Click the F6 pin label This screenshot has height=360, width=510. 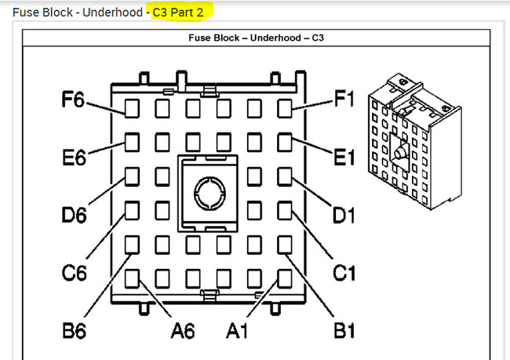73,100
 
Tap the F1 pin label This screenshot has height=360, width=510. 344,99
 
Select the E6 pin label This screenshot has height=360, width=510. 74,158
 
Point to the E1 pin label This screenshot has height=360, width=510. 344,158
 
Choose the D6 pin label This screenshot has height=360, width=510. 75,215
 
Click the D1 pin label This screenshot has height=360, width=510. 344,215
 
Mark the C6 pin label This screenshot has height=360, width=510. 75,272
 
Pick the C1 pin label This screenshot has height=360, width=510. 344,272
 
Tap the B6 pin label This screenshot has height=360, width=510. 75,331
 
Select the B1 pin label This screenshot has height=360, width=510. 344,331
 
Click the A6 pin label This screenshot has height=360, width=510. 183,331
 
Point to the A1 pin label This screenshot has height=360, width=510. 237,331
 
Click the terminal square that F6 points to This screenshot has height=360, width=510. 132,108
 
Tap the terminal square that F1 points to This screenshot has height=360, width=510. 285,108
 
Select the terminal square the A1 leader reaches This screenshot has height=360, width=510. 285,278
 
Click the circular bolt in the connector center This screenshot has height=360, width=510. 209,193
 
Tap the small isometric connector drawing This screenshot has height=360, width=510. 415,142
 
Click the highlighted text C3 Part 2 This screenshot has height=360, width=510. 178,13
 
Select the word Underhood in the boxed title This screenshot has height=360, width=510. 275,38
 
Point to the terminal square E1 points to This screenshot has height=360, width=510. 285,143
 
